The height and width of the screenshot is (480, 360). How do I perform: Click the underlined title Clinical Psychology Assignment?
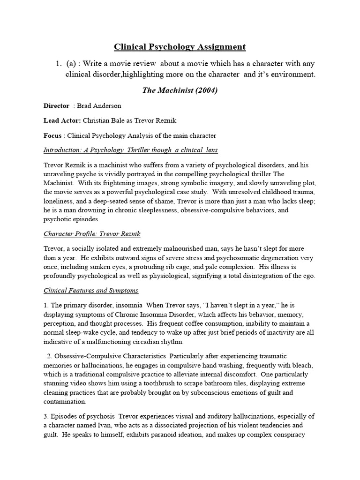(180, 47)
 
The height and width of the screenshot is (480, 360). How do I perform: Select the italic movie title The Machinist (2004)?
(180, 90)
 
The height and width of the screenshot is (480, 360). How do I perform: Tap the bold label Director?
(56, 106)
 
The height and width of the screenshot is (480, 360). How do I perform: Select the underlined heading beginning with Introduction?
(130, 150)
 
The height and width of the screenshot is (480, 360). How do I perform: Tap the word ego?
(310, 276)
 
